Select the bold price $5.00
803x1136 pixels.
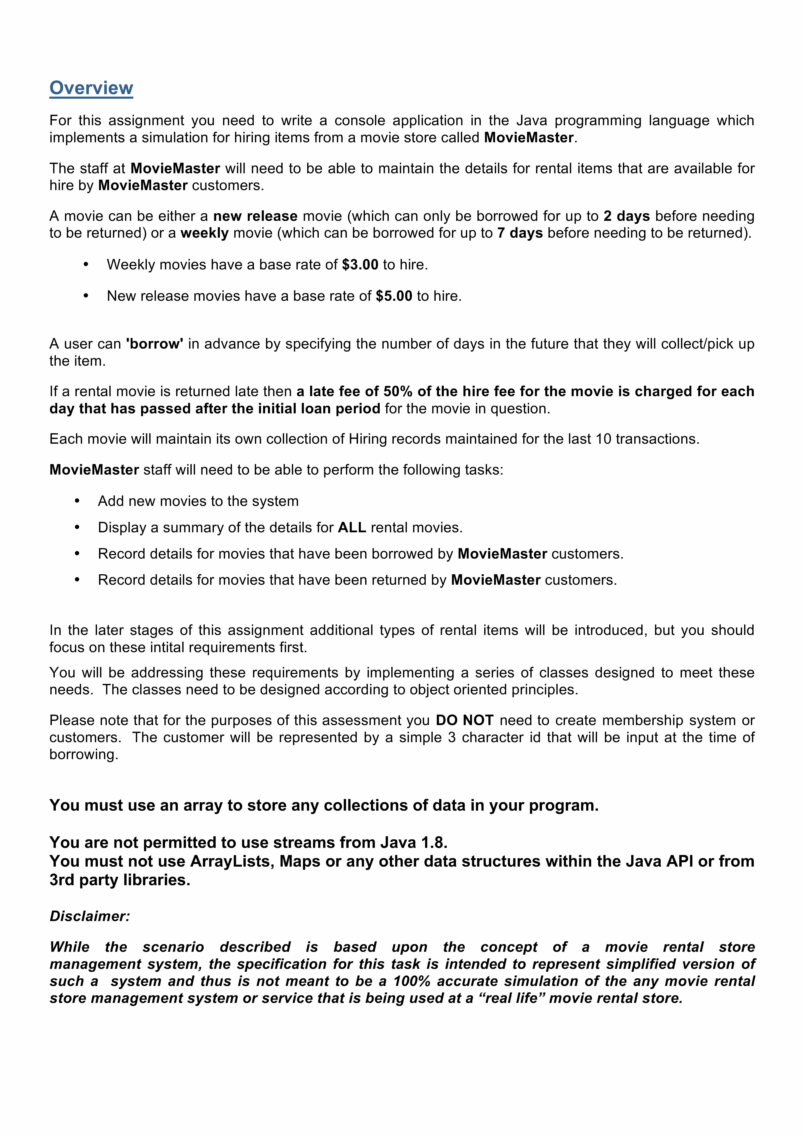click(x=394, y=296)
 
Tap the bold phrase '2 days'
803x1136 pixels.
click(x=626, y=216)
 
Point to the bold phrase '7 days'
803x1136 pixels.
click(x=520, y=233)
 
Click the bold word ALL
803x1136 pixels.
click(x=352, y=527)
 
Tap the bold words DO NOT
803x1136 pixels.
click(x=465, y=720)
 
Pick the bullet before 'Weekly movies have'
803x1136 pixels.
click(x=86, y=265)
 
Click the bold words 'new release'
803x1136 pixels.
click(x=255, y=216)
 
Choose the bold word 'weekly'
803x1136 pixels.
click(x=204, y=233)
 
